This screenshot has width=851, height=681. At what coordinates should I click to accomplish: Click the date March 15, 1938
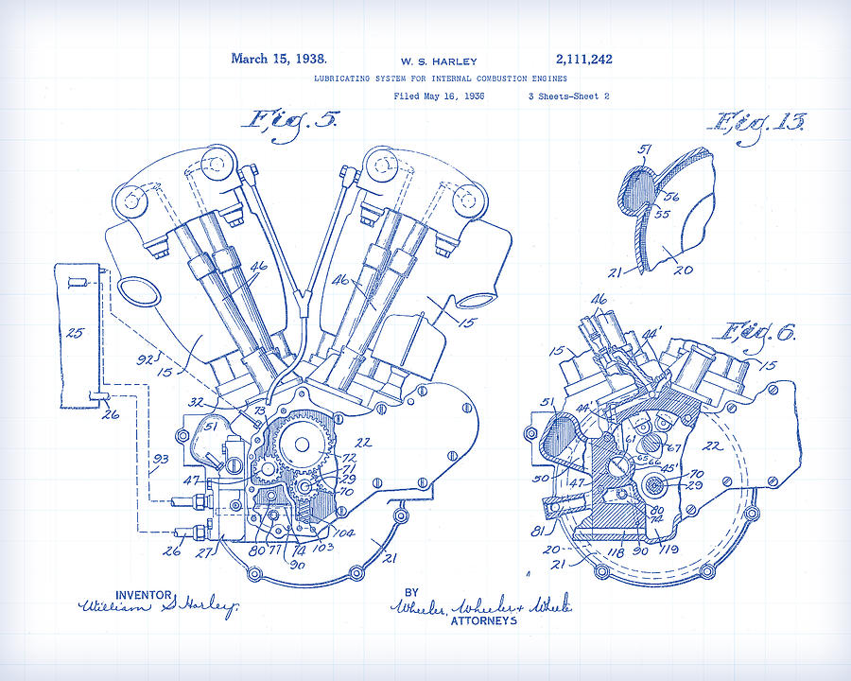(x=278, y=59)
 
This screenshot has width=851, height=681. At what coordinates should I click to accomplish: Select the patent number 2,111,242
(x=584, y=59)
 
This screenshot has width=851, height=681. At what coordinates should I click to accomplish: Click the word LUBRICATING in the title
(x=341, y=79)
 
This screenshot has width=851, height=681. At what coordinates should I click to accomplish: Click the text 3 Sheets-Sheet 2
(x=568, y=96)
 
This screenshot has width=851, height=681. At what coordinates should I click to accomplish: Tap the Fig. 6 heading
(x=760, y=331)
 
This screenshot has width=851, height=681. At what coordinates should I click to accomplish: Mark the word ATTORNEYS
(x=483, y=621)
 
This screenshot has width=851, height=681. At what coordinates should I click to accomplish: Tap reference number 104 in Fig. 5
(x=344, y=533)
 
